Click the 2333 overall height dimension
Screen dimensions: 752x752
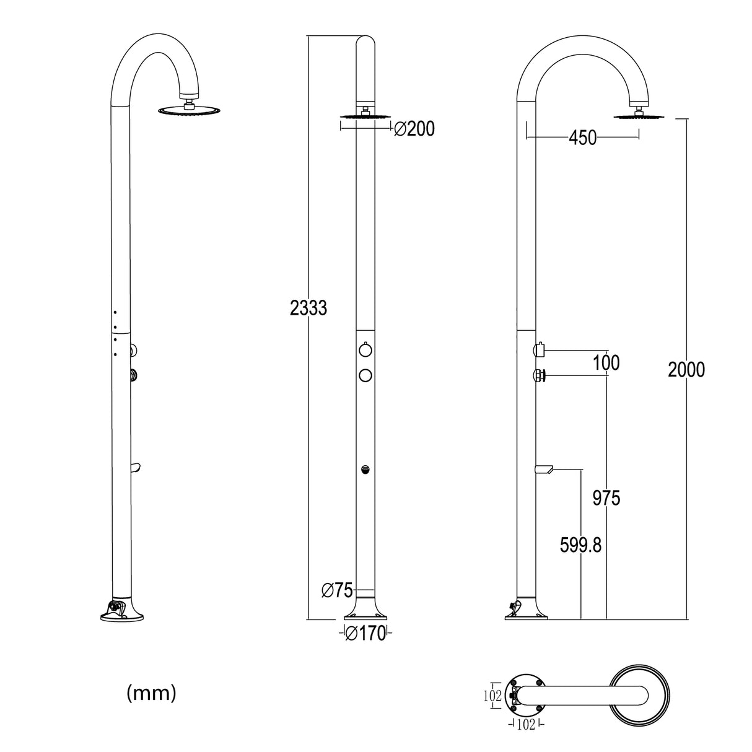point(308,307)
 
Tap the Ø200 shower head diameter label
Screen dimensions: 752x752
point(414,129)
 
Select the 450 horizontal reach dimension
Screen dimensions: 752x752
point(582,138)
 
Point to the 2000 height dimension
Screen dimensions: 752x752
point(686,369)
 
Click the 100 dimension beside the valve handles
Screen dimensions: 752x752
point(606,363)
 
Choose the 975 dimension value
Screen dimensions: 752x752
point(606,497)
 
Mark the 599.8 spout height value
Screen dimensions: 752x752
point(580,545)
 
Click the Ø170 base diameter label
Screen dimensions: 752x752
point(365,634)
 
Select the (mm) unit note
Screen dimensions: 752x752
point(151,693)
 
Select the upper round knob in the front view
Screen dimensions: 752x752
point(365,351)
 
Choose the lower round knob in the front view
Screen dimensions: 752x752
point(365,375)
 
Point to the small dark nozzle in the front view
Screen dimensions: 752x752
point(365,470)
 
